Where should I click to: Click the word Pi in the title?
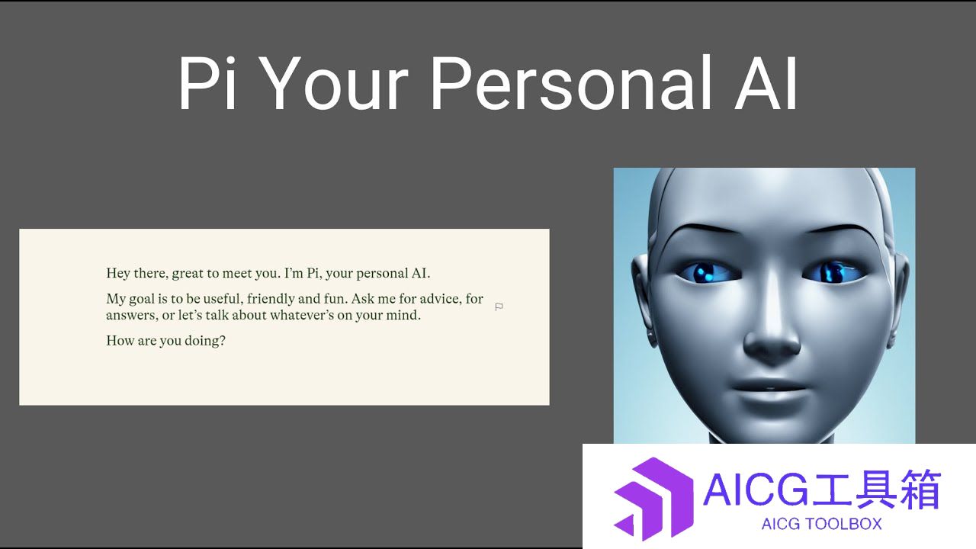coord(207,83)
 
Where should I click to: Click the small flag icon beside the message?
coord(499,307)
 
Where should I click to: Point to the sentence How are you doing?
coord(165,340)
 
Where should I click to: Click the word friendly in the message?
coord(271,299)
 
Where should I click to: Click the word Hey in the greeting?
coord(118,273)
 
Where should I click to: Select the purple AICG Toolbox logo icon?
coord(653,499)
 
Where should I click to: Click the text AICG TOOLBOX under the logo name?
coord(821,524)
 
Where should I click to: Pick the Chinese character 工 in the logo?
coord(831,490)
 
